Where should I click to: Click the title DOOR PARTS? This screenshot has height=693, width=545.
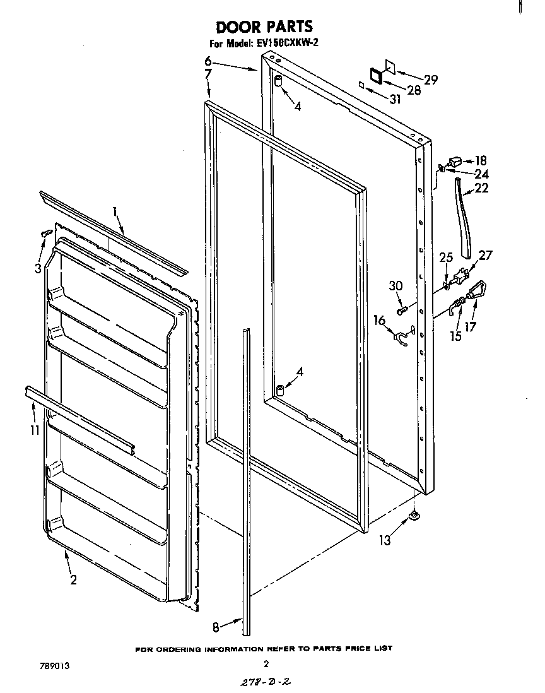[x=264, y=27]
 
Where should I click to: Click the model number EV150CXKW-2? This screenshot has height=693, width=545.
[x=291, y=44]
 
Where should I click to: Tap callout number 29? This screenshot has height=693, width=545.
[x=431, y=80]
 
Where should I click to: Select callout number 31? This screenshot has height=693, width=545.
[x=395, y=98]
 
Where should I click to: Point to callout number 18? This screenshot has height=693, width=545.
[x=481, y=161]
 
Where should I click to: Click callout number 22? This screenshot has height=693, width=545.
[x=481, y=187]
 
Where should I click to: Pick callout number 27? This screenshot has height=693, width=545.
[x=486, y=255]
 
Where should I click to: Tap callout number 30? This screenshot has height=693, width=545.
[x=396, y=285]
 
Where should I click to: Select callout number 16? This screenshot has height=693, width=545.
[x=379, y=321]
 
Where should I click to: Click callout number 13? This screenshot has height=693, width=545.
[x=385, y=540]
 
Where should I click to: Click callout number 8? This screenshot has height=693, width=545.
[x=216, y=627]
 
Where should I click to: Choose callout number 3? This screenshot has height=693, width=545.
[x=39, y=268]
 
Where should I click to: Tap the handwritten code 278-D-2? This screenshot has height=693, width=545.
[x=266, y=682]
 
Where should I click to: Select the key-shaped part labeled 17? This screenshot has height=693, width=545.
[x=477, y=292]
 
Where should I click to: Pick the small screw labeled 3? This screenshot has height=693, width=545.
[x=45, y=234]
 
